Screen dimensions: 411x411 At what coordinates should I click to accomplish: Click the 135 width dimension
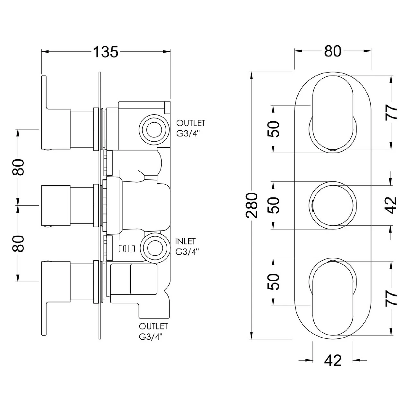[106, 52]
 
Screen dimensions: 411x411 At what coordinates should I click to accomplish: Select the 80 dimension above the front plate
[332, 51]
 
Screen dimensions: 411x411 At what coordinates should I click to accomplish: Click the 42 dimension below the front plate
[333, 361]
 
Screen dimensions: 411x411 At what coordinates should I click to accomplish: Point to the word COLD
[127, 249]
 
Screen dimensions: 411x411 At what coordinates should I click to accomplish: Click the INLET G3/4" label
[186, 247]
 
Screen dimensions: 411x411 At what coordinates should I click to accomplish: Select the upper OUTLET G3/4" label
[191, 128]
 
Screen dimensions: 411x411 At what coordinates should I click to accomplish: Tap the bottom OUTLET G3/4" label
[153, 331]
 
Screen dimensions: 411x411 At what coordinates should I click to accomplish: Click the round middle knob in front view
[333, 205]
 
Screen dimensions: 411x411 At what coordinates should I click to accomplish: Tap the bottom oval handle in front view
[333, 298]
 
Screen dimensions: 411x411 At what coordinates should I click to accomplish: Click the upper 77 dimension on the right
[392, 112]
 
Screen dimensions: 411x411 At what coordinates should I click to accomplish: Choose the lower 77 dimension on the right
[392, 298]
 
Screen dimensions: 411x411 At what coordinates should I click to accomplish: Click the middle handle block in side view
[56, 205]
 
